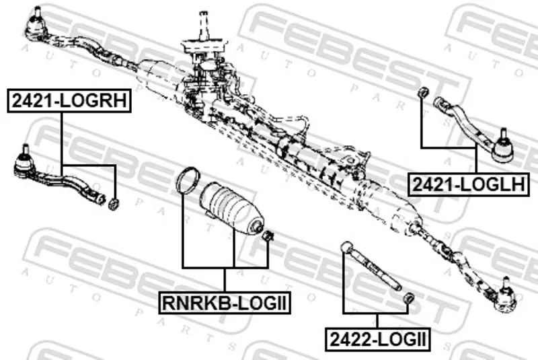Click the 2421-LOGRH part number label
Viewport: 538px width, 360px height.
pyautogui.click(x=69, y=100)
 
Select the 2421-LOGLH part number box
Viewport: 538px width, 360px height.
pyautogui.click(x=468, y=184)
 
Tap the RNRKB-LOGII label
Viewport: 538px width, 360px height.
pyautogui.click(x=225, y=303)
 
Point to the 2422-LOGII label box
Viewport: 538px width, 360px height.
pyautogui.click(x=378, y=339)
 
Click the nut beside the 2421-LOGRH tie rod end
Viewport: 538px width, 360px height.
pyautogui.click(x=114, y=204)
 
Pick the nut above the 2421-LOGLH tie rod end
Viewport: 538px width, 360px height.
pyautogui.click(x=423, y=92)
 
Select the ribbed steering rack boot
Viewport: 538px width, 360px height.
pyautogui.click(x=231, y=209)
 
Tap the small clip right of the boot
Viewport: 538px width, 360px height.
pyautogui.click(x=268, y=236)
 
